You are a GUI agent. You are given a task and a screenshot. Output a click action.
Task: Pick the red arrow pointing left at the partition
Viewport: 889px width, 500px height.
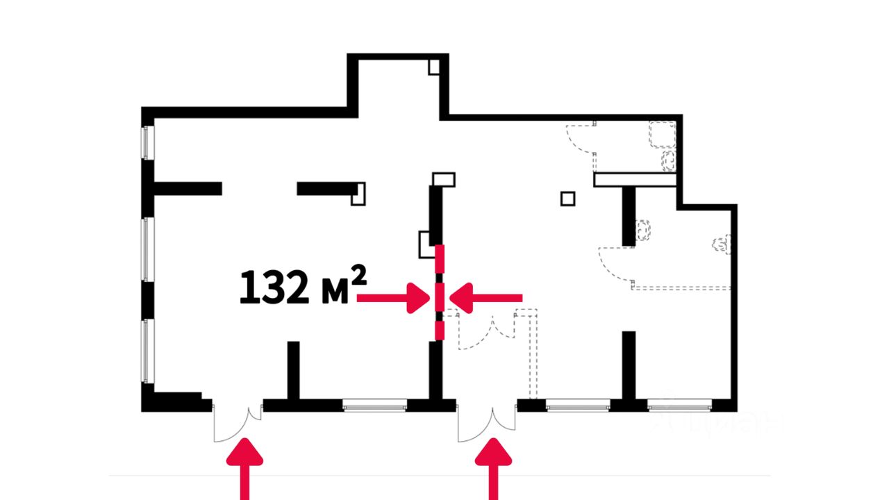point(486,298)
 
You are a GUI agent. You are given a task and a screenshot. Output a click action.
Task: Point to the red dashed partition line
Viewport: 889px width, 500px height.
point(439,292)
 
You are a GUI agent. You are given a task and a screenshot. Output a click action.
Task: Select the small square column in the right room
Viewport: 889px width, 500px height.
point(568,199)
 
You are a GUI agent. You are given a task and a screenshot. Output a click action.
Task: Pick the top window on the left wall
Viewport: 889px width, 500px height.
point(147,142)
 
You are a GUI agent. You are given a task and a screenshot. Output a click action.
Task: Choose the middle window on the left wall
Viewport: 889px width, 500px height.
point(147,250)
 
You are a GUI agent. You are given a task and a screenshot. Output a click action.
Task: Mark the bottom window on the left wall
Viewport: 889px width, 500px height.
point(147,350)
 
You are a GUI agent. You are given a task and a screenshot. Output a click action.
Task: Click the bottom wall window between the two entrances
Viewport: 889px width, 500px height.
point(374,405)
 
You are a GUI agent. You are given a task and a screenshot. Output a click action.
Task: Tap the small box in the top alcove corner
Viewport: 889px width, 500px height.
point(433,67)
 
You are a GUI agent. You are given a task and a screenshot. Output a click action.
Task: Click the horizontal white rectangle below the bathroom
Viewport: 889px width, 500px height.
point(635,180)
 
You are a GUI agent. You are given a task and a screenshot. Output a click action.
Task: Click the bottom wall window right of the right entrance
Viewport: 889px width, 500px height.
point(578,405)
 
